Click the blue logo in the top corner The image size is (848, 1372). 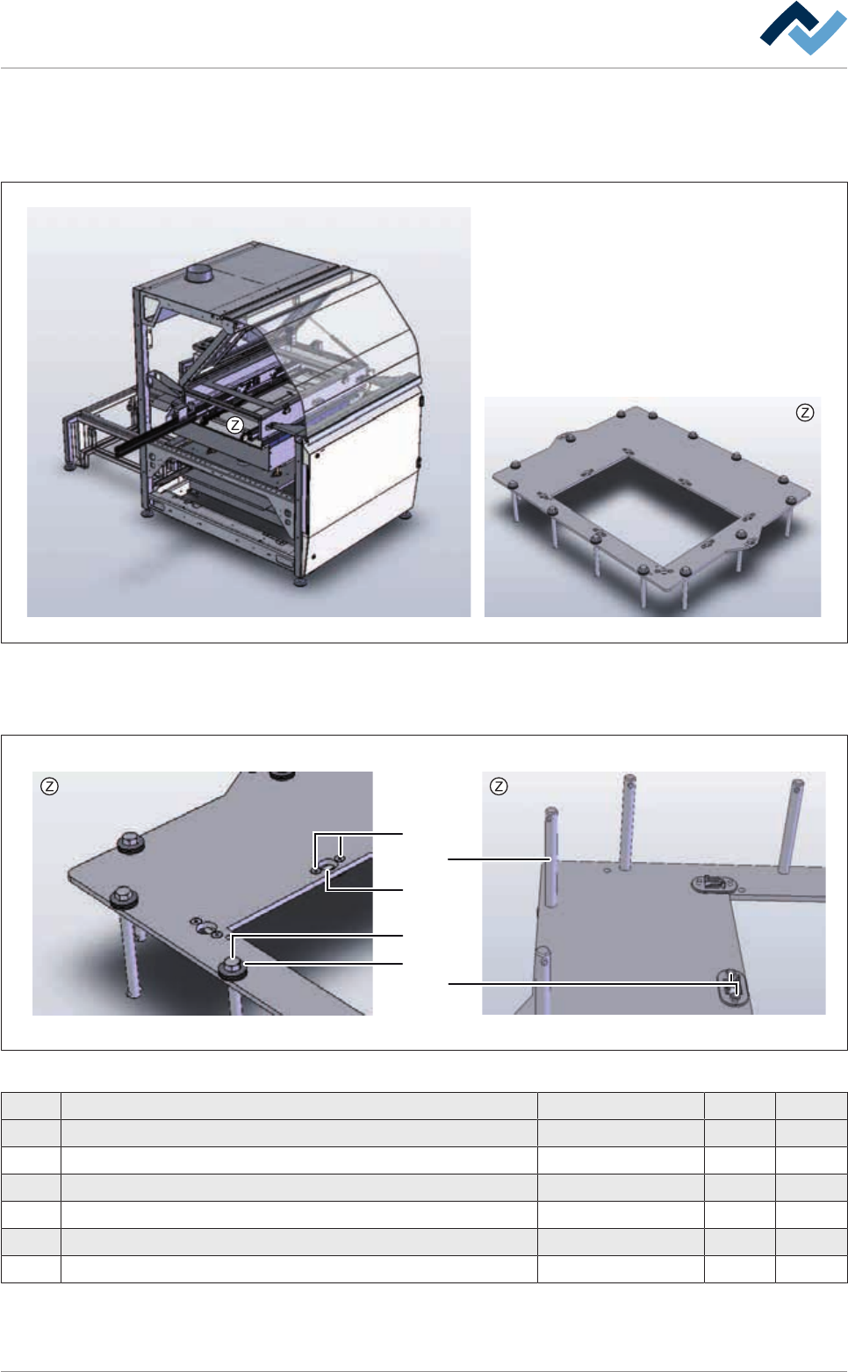pos(802,28)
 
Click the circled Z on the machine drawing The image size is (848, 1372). pos(234,425)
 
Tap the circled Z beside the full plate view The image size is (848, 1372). pos(804,413)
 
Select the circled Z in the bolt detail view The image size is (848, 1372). pos(50,787)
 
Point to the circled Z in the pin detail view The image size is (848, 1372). pos(499,787)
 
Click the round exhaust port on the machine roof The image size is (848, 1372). pos(198,273)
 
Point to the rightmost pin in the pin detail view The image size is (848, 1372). pos(790,826)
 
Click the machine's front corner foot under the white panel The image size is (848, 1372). pos(299,580)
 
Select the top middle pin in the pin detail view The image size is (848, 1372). pos(627,822)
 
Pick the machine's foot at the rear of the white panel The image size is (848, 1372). pos(406,516)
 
